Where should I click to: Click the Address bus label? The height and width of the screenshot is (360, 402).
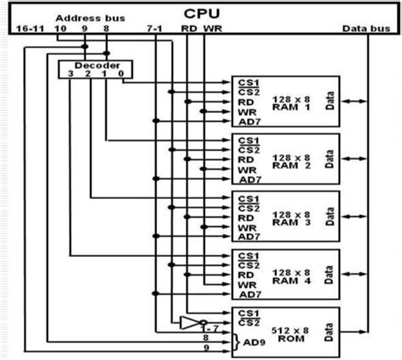(83, 17)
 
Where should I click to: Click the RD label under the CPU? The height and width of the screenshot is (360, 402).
(189, 29)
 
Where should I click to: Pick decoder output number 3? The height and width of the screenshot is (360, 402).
(73, 75)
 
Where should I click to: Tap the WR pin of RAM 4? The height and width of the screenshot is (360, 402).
(248, 284)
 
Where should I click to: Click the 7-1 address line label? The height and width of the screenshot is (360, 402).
(154, 29)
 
